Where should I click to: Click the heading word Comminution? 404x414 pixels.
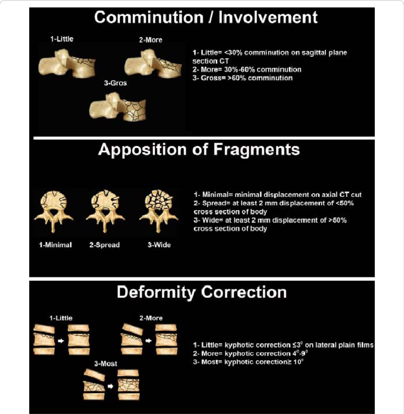click(x=148, y=17)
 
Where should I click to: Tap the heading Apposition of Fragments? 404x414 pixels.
click(x=199, y=149)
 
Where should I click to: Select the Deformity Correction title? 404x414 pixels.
click(x=202, y=292)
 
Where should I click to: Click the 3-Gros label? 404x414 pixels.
click(x=115, y=83)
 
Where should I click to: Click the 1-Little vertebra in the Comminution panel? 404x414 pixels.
click(x=67, y=64)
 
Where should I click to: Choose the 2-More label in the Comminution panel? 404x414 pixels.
click(x=151, y=40)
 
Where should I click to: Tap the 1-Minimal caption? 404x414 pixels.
click(x=55, y=245)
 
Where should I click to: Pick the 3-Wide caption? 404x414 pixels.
click(x=159, y=245)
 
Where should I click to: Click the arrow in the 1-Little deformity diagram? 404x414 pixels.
click(x=61, y=341)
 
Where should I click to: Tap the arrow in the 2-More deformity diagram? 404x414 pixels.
click(x=148, y=341)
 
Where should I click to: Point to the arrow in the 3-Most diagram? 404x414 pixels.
click(x=111, y=386)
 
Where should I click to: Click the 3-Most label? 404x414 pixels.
click(x=105, y=363)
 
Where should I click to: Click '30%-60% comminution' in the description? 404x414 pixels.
click(x=263, y=70)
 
